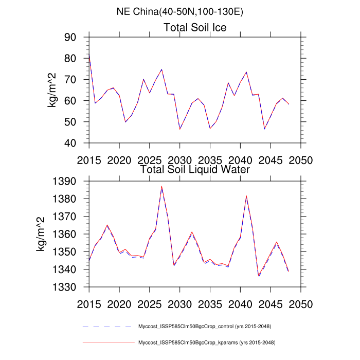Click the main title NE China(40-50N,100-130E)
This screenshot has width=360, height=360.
[x=180, y=11]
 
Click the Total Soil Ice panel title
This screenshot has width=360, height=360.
[x=195, y=27]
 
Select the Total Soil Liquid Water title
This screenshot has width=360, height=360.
[x=195, y=169]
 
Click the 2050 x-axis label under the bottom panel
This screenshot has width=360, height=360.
[x=301, y=303]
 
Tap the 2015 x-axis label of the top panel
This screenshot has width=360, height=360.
[x=89, y=159]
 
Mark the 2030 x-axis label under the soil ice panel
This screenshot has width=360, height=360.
[x=180, y=159]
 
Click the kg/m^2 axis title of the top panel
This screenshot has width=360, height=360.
[x=53, y=90]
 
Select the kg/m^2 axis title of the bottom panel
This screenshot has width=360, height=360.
[x=41, y=234]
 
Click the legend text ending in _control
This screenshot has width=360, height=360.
[x=205, y=327]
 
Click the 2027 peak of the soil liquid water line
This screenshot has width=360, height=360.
[x=161, y=186]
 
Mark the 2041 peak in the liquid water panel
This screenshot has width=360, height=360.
[x=246, y=195]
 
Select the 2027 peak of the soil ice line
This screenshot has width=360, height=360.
[x=161, y=69]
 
